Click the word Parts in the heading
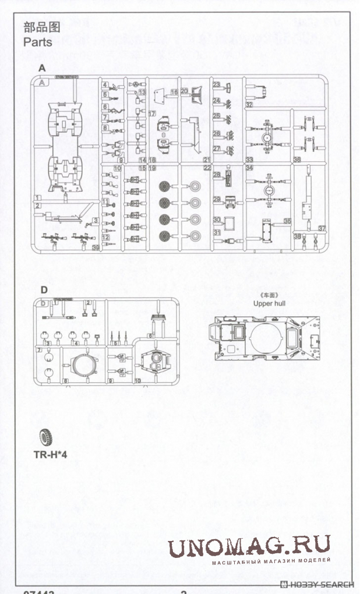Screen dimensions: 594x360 click(x=37, y=43)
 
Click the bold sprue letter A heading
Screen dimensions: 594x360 click(x=42, y=68)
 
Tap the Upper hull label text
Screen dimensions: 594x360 click(x=267, y=303)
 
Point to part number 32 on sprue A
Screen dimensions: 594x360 click(x=249, y=105)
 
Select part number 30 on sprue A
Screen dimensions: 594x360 click(x=217, y=220)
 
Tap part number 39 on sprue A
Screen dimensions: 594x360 click(x=96, y=248)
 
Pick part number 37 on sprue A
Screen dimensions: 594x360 click(x=321, y=228)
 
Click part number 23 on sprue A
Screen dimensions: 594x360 click(x=216, y=85)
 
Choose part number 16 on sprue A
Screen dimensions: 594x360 click(x=174, y=93)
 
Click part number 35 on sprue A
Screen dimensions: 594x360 click(x=287, y=221)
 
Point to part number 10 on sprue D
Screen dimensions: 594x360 click(x=137, y=380)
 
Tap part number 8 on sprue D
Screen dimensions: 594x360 click(x=65, y=381)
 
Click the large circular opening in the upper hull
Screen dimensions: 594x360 click(x=267, y=338)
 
